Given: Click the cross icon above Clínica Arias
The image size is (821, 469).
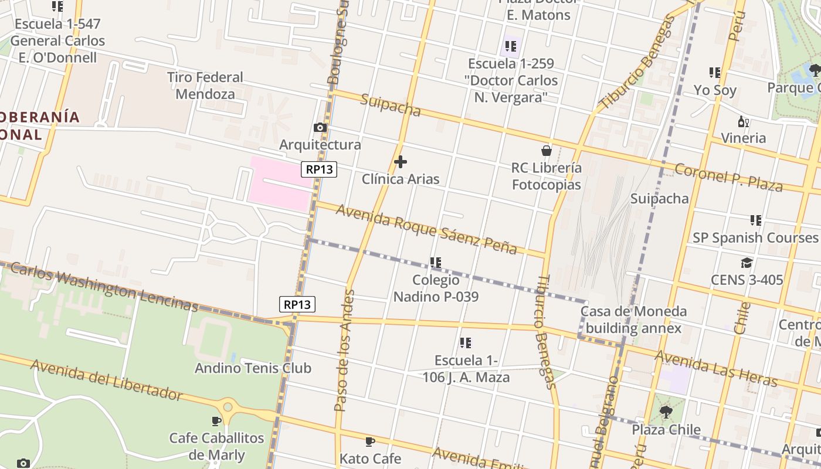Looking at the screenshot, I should click(401, 161).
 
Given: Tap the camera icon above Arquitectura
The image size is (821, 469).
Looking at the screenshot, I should click(320, 127).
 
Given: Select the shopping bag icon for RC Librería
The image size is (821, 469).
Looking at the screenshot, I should click(547, 151).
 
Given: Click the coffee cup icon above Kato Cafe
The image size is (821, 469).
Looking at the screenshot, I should click(370, 441).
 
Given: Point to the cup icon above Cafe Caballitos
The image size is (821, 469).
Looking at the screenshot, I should click(216, 421).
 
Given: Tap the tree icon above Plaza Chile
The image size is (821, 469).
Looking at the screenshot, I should click(666, 412).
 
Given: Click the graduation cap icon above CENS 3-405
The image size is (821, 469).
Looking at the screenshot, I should click(747, 263).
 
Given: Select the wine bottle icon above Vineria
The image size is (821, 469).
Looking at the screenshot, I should click(743, 122).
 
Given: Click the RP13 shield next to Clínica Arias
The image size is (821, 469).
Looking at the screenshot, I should click(320, 169).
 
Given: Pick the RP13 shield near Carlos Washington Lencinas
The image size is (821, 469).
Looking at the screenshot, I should click(297, 304).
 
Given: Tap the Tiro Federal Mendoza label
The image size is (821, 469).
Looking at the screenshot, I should click(205, 86).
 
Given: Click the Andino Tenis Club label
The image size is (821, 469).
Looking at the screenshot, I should click(253, 368).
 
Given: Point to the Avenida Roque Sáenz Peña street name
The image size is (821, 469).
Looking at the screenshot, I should click(426, 229).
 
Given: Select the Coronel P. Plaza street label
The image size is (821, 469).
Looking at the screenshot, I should click(728, 176).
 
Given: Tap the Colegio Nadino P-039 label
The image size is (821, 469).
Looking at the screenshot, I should click(436, 288).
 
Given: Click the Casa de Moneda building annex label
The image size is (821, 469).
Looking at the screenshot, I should click(633, 320).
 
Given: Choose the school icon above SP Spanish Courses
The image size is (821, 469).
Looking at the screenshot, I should click(755, 220).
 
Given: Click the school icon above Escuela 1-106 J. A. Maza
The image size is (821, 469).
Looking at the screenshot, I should click(466, 343).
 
